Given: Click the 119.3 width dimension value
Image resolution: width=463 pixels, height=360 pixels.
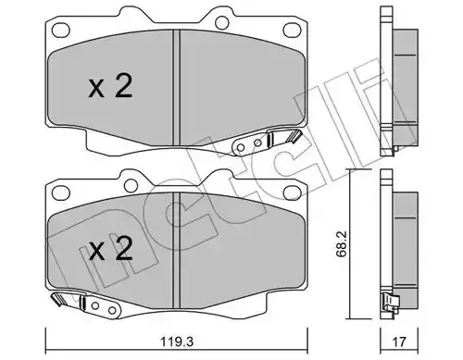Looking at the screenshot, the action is click(x=177, y=341).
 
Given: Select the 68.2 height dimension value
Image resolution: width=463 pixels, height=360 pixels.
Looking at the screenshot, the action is click(x=344, y=243).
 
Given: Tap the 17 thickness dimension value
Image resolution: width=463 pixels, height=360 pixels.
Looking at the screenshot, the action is click(x=400, y=341).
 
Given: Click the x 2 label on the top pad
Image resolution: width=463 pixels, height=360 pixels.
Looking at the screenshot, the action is click(x=111, y=86).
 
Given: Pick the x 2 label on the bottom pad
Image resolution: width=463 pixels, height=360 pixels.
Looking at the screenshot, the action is click(x=111, y=249).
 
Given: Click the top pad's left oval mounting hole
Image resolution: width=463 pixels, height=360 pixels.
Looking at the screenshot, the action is click(x=60, y=30).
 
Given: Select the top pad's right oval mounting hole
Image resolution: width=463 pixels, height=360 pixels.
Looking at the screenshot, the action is click(x=292, y=30).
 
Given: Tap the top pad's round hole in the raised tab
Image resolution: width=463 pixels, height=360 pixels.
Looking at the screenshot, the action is click(x=221, y=22).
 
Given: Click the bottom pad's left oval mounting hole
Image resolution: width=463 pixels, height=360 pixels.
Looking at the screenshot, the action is click(x=60, y=193).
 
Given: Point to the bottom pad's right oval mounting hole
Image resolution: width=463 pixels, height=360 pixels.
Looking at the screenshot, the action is click(x=292, y=193).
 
